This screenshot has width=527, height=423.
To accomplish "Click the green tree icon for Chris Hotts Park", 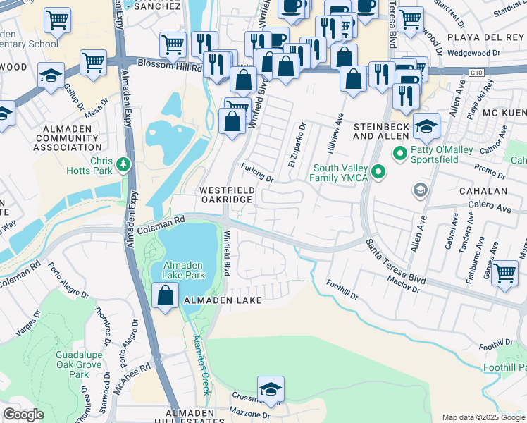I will (124, 164).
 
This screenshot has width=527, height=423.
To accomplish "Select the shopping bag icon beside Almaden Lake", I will (165, 297).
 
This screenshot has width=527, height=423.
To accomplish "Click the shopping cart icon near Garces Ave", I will (504, 274).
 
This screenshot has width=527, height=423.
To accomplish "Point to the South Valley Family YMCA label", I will (339, 173).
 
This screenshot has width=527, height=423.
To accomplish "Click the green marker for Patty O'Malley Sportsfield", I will (400, 152).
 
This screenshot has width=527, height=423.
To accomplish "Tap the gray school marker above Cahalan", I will (421, 189).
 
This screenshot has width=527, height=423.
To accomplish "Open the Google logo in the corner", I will (23, 415).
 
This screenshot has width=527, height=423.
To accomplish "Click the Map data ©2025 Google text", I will (483, 417).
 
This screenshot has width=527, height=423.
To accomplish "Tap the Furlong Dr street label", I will (257, 173).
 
